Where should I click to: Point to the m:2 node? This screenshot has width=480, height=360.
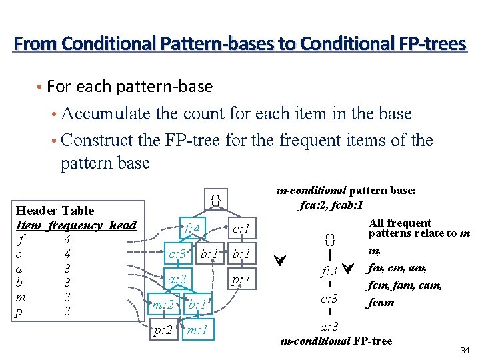coord(163,305)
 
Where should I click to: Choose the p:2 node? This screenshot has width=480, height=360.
coord(162,329)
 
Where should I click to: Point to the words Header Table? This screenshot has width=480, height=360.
coord(55,210)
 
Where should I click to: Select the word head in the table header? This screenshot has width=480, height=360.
coord(122,225)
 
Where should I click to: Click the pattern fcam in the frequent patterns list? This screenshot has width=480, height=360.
coord(381,302)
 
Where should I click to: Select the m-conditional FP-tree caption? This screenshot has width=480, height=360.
coord(336,341)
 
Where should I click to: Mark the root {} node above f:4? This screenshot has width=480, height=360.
coord(215,199)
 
